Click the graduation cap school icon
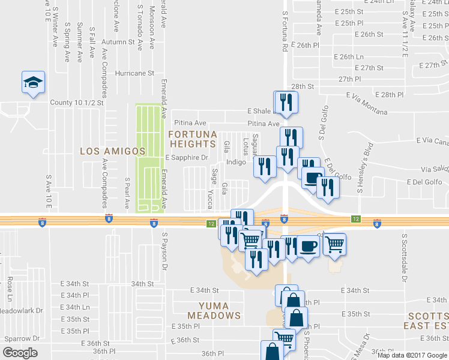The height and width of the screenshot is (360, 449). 34,83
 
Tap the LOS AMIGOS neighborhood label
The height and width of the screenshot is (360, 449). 113,151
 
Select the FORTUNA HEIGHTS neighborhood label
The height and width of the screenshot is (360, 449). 192,139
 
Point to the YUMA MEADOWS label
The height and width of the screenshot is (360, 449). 214,310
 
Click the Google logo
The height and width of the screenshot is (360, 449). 20,353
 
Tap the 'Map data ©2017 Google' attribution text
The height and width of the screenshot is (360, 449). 412,355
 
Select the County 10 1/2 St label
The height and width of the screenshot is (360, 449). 77,103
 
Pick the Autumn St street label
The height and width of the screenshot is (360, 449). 118,42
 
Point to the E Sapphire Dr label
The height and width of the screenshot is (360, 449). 186,158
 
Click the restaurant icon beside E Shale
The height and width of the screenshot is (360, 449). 285,103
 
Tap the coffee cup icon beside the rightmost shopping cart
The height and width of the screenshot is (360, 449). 308,247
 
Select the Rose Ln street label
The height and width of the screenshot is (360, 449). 10,289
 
